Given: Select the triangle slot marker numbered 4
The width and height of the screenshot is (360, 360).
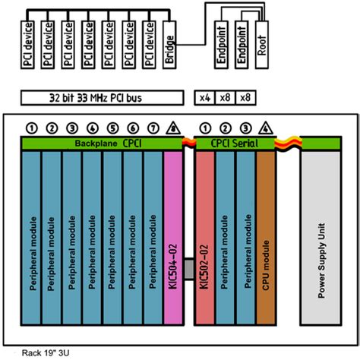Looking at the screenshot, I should coord(265,128).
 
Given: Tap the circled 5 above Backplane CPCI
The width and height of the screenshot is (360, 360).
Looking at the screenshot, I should coord(112,128).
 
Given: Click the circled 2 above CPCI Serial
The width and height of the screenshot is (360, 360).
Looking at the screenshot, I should coord(225,128).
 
